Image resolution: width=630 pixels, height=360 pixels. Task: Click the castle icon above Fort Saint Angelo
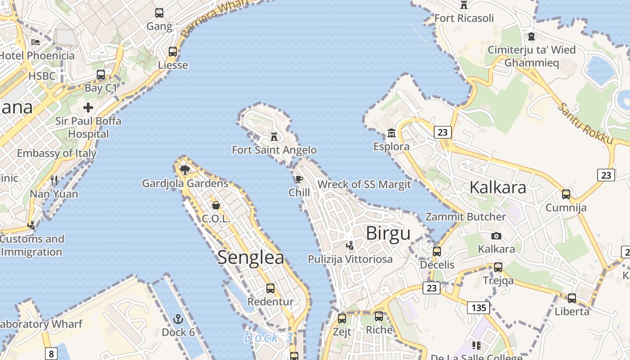[274, 136]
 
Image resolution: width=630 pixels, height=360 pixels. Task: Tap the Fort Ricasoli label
[464, 18]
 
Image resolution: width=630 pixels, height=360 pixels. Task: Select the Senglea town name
[251, 257]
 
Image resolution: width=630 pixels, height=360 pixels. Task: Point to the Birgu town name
[388, 234]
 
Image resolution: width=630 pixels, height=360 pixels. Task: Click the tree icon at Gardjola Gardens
[184, 170]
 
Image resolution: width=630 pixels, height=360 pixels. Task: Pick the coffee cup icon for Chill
[299, 180]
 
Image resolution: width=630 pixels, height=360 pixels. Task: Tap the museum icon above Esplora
[391, 133]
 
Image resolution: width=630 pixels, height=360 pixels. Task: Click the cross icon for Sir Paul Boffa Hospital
[88, 108]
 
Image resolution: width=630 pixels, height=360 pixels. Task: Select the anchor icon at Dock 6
[178, 319]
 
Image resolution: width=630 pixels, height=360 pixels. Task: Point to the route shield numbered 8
[51, 354]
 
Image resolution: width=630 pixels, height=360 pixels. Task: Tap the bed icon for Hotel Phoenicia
[36, 42]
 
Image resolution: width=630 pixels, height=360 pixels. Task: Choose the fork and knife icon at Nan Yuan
[54, 180]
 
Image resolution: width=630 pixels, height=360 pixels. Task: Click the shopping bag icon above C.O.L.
[216, 205]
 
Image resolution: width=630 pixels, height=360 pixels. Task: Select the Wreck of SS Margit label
[364, 184]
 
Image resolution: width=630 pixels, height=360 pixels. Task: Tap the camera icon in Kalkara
[496, 236]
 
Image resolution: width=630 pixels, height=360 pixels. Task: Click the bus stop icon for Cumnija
[566, 194]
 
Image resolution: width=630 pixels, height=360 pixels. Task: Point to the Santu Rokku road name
[585, 124]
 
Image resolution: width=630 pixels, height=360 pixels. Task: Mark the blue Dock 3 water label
[268, 337]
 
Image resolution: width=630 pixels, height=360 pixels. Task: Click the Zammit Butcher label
[466, 217]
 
